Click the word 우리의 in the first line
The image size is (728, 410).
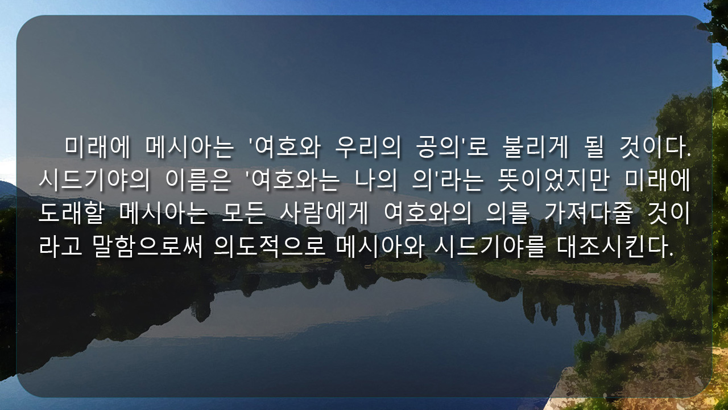point(368,147)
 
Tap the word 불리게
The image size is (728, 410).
point(535,147)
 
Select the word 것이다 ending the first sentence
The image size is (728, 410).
point(652,147)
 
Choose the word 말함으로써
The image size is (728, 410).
point(147,247)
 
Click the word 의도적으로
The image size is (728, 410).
point(270,247)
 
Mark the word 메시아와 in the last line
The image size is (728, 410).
point(380,247)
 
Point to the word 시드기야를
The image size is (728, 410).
point(490,247)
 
